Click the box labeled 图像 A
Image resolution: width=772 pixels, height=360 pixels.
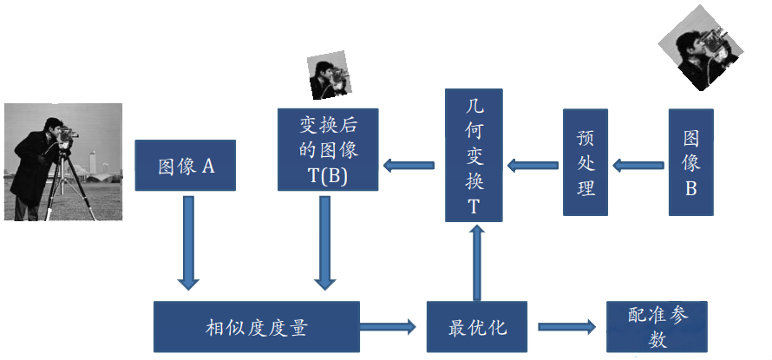(185, 165)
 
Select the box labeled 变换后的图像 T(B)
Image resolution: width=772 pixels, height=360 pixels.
(328, 149)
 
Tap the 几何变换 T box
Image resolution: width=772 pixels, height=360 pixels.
(474, 154)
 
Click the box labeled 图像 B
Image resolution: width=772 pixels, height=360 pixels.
(690, 162)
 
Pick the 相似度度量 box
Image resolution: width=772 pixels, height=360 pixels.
(256, 328)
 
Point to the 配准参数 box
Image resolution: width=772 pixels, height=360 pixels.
(657, 326)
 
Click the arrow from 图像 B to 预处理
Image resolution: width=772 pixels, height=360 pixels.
(639, 163)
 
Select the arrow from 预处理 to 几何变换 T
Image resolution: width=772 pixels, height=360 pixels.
(532, 163)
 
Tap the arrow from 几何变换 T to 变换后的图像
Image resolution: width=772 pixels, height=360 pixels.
(409, 163)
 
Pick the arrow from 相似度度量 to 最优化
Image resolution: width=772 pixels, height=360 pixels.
(388, 327)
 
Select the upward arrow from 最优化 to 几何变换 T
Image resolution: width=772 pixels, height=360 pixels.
(476, 260)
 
